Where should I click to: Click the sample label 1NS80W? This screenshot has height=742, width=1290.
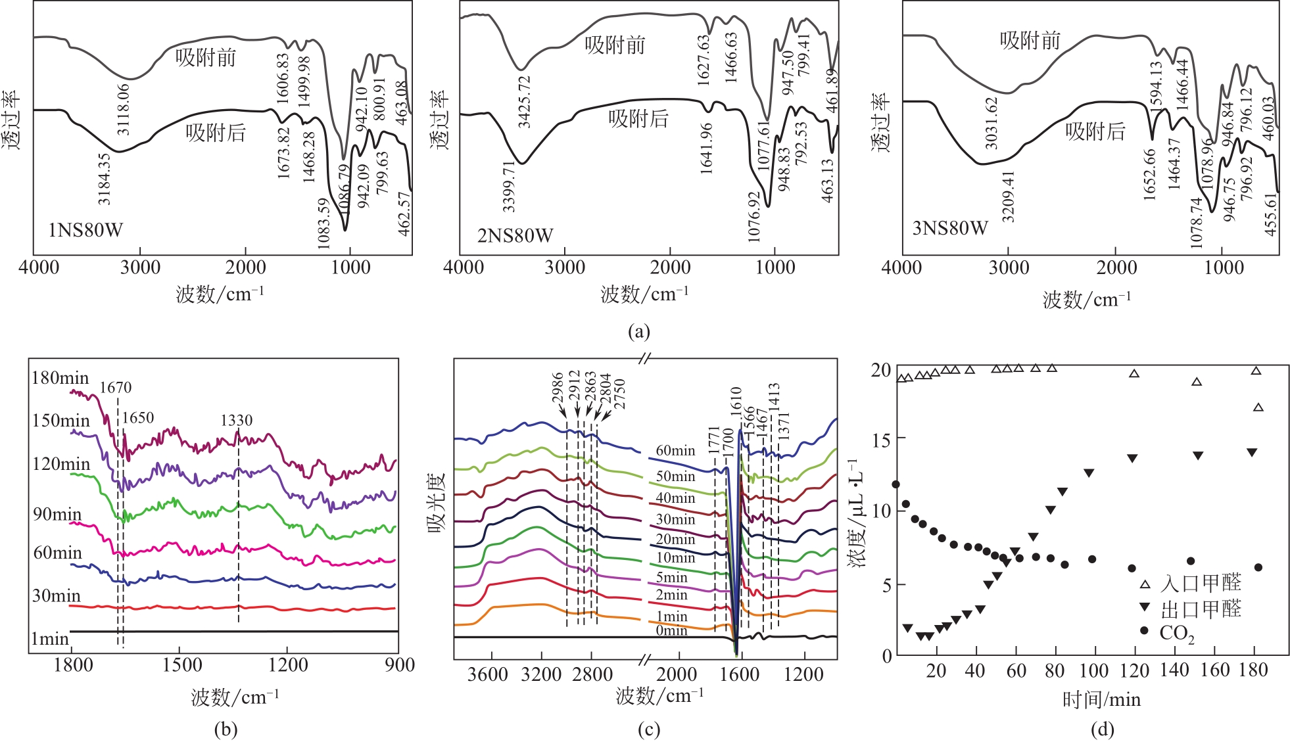point(85,230)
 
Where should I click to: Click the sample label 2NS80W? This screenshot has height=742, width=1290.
point(515,235)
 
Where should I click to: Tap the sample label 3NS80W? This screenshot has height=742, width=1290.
point(950,228)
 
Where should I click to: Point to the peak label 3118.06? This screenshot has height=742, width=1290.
point(123,109)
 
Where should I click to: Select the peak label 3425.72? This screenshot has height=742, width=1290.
point(524,102)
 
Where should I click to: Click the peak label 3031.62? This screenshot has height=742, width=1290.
point(991,123)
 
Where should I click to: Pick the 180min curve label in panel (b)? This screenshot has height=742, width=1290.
point(60,378)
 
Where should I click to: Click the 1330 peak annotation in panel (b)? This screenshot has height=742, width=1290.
point(236,421)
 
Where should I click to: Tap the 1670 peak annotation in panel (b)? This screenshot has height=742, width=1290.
point(116,388)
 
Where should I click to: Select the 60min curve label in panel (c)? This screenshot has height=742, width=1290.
point(675,451)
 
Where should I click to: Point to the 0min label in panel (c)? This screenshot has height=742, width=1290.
point(671,630)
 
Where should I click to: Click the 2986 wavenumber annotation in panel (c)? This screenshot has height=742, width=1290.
point(558,388)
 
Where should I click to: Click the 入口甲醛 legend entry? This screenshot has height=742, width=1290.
point(1201,583)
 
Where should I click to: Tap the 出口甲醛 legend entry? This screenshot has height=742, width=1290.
point(1201,609)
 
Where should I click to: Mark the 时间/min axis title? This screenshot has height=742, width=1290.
point(1101,699)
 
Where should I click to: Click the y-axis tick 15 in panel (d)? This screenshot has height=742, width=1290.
point(882,439)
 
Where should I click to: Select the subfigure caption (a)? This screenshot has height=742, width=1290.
point(639,331)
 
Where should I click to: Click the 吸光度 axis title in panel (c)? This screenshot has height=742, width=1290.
point(437,502)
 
